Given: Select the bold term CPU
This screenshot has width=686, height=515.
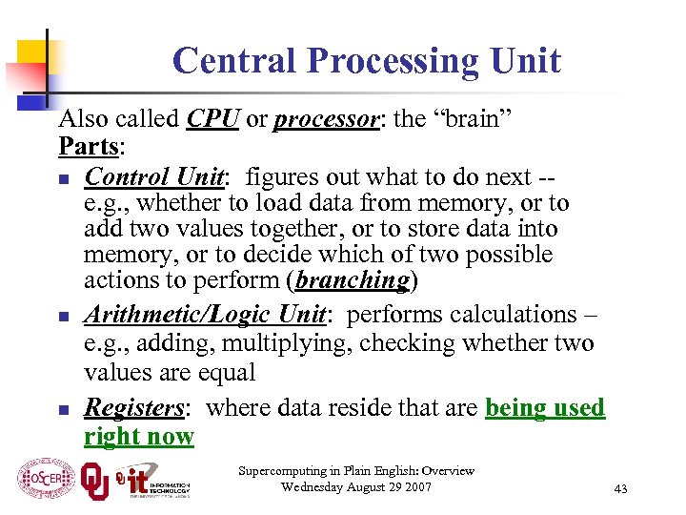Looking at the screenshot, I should pyautogui.click(x=214, y=119).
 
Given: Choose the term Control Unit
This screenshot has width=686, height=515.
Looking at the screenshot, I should pyautogui.click(x=155, y=177).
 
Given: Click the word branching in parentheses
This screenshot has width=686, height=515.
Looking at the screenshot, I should pyautogui.click(x=353, y=280).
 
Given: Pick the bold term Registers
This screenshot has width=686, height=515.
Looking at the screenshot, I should pyautogui.click(x=133, y=408).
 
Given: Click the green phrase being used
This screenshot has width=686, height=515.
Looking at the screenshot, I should pyautogui.click(x=545, y=408).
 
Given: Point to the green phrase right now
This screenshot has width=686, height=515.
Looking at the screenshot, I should pyautogui.click(x=139, y=437).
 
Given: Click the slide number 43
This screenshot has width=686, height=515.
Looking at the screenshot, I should pyautogui.click(x=621, y=489).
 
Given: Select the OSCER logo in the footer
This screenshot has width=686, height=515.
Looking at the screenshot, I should pyautogui.click(x=46, y=477).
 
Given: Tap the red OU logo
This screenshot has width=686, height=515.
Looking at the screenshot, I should pyautogui.click(x=95, y=479).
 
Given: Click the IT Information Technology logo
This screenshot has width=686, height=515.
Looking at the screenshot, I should pyautogui.click(x=152, y=480).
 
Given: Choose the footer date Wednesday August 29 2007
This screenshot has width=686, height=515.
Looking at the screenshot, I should pyautogui.click(x=356, y=487).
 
